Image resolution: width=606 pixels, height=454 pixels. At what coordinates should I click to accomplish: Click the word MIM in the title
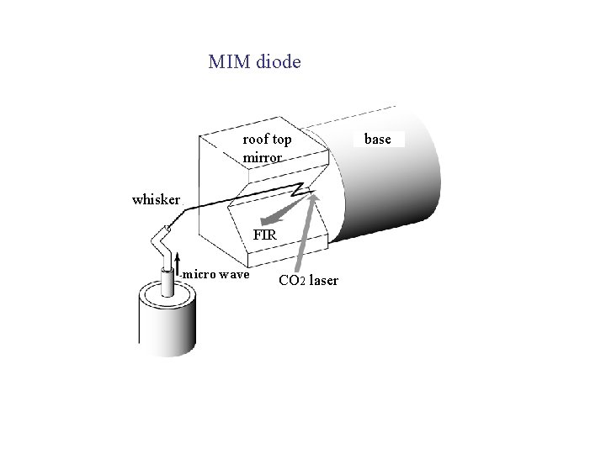tap(227, 62)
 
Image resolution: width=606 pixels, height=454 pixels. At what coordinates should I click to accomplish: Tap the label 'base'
tap(378, 139)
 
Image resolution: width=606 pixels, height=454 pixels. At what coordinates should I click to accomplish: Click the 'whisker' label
tap(156, 200)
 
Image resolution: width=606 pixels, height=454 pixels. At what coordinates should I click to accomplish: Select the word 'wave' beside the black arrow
tap(236, 274)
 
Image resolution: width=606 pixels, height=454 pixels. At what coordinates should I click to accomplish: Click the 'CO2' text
tap(291, 280)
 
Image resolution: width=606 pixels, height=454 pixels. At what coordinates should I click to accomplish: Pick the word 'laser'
tap(324, 280)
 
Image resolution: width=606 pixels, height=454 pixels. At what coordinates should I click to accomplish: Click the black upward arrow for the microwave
tap(177, 265)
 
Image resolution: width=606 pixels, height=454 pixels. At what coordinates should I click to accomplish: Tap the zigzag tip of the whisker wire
tap(299, 189)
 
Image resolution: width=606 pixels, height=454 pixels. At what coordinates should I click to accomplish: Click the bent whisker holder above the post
tap(163, 245)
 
